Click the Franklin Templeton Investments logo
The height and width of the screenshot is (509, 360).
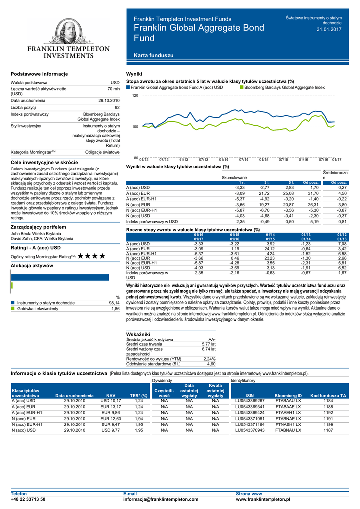click(68, 40)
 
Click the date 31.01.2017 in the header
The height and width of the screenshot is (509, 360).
click(329, 30)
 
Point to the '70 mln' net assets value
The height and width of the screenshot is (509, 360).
click(113, 89)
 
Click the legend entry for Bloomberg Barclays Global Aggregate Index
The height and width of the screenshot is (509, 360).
click(284, 87)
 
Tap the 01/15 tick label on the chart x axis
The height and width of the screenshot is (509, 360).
click(264, 159)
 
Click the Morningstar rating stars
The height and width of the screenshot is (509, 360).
click(91, 256)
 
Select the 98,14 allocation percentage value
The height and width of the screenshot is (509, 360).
click(114, 303)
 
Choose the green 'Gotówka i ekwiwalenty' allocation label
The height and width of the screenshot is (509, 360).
click(38, 309)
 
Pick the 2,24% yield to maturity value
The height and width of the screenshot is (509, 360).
click(209, 359)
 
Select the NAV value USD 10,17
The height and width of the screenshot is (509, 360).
click(110, 401)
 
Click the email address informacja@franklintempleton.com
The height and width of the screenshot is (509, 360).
click(161, 499)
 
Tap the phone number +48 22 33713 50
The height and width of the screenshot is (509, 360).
click(28, 499)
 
